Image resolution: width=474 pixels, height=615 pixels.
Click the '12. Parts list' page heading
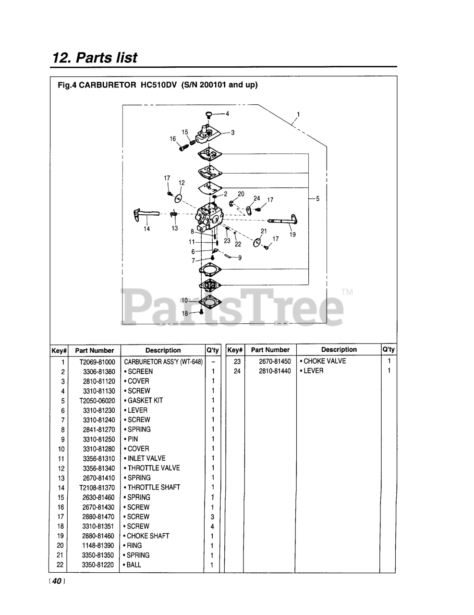95,58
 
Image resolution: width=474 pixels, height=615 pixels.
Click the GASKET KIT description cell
145,400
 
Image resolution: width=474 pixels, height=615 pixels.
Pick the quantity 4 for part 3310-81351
212,526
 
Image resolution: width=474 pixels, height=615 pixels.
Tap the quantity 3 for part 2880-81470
212,517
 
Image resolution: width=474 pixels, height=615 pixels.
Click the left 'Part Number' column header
95,350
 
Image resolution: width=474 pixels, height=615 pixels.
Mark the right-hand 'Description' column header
339,350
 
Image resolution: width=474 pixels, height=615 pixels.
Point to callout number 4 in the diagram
227,114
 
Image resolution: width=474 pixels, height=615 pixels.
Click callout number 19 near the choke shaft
292,234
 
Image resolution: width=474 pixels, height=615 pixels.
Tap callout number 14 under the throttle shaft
147,229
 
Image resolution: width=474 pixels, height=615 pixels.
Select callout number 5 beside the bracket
317,198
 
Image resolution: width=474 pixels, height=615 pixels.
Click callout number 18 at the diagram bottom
185,313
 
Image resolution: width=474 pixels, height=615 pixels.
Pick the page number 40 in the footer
56,581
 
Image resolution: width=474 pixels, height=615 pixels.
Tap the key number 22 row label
60,565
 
